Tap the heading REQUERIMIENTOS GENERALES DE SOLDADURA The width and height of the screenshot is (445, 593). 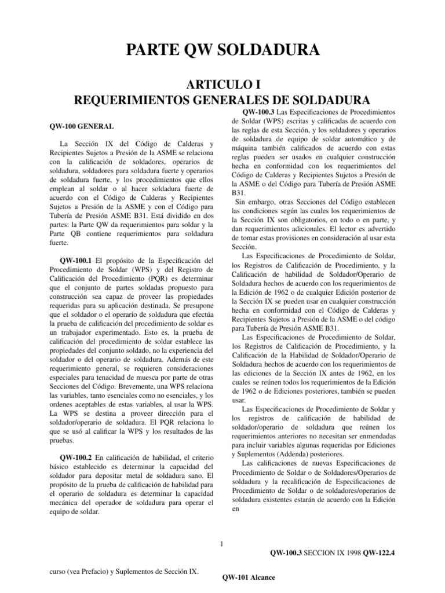pyautogui.click(x=222, y=99)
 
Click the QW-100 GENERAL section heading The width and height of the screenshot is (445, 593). pyautogui.click(x=79, y=126)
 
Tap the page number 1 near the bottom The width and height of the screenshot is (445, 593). pyautogui.click(x=222, y=543)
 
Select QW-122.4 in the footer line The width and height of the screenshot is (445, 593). pyautogui.click(x=379, y=554)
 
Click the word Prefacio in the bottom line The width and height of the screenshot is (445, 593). pyautogui.click(x=98, y=571)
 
